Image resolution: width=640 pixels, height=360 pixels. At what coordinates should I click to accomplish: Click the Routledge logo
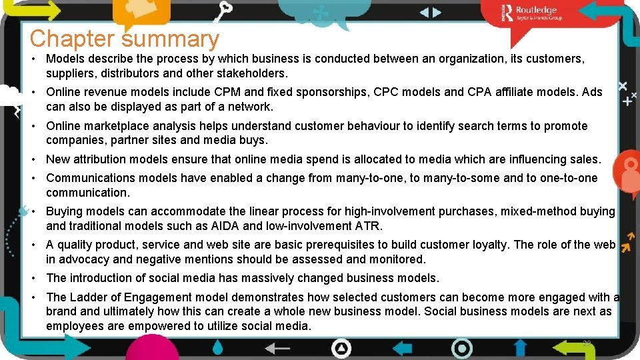click(x=533, y=13)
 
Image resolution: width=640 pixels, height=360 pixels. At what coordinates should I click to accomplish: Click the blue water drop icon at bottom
click(x=218, y=347)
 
